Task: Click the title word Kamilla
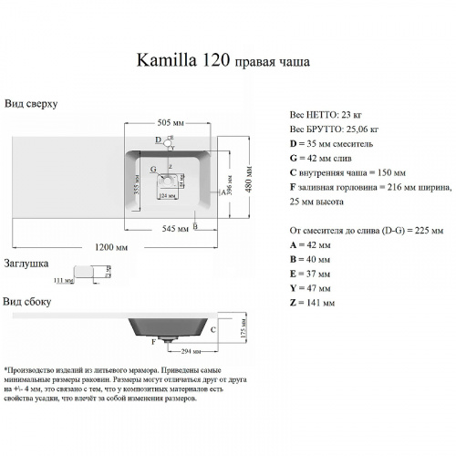[166, 62]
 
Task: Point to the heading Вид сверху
[31, 104]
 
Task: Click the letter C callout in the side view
[212, 329]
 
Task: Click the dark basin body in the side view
[169, 326]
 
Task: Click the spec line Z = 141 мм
[312, 302]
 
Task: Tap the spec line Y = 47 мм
[310, 287]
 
